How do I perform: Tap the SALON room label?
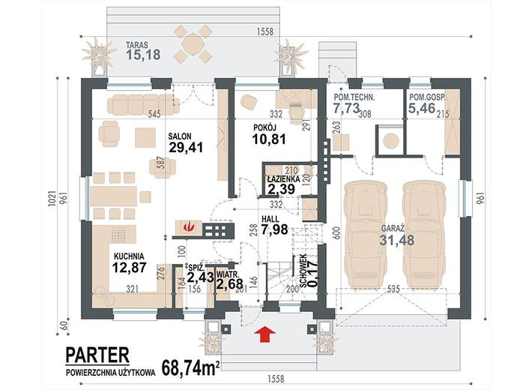(x=180, y=136)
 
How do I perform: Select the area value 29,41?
(x=185, y=148)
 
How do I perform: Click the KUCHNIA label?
(x=129, y=256)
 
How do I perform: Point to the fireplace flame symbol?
(x=187, y=227)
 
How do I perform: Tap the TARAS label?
(x=137, y=45)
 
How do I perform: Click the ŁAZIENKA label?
(x=282, y=178)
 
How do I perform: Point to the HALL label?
(x=270, y=219)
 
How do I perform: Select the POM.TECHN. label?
(x=354, y=97)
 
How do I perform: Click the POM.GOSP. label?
(x=428, y=97)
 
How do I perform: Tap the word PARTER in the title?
(x=97, y=355)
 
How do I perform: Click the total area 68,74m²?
(x=190, y=367)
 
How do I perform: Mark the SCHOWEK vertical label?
(x=303, y=271)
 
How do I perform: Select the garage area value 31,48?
(x=396, y=240)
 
